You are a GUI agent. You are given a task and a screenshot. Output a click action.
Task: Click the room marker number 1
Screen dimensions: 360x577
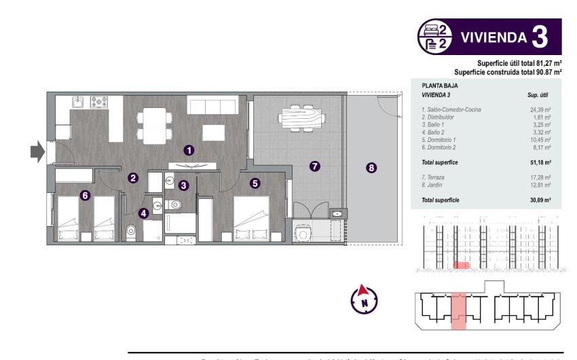pos(189,149)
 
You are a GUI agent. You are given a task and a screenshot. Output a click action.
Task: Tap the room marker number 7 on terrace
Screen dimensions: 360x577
pos(314,166)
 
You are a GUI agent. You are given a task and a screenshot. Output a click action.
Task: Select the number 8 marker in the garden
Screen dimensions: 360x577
pos(371,168)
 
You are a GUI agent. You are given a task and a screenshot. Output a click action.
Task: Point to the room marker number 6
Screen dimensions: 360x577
pos(85,196)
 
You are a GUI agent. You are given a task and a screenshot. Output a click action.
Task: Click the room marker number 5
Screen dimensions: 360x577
pos(255,183)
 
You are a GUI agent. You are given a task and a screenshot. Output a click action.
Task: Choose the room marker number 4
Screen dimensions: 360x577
pos(143,213)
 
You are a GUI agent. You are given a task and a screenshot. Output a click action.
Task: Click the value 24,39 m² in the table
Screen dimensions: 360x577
pos(540,109)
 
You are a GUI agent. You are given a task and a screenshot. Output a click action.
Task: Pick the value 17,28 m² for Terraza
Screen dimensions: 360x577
pos(540,177)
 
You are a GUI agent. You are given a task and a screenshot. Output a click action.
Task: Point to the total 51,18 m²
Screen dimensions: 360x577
pos(540,163)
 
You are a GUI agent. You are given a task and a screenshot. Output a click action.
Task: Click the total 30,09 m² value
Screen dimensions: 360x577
pos(540,200)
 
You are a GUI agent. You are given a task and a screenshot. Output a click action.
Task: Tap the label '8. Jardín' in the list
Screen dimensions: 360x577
pos(435,185)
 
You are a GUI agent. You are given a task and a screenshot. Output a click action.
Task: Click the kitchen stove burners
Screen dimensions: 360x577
pos(99,102)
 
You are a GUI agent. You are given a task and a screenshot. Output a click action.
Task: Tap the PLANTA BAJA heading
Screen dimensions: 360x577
pos(440,86)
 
